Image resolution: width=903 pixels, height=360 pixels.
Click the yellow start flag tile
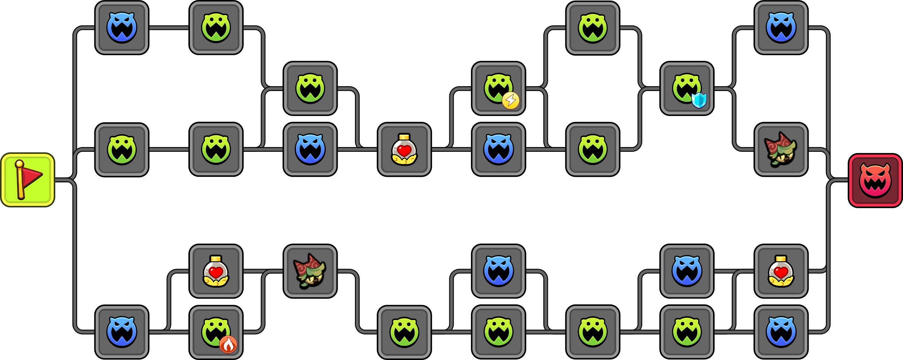[x=28, y=180]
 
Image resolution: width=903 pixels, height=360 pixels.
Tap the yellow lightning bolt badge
[x=510, y=100]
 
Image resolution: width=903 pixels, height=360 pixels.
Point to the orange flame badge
[x=228, y=344]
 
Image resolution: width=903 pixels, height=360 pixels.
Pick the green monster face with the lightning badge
[x=498, y=88]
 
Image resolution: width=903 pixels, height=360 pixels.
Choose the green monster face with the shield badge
[x=686, y=88]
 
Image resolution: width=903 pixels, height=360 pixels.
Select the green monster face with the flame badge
[x=215, y=331]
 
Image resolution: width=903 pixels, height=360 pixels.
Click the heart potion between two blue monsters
[x=404, y=150]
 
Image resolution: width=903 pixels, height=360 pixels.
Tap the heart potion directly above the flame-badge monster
[x=216, y=271]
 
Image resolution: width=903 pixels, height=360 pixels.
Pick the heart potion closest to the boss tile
[x=781, y=271]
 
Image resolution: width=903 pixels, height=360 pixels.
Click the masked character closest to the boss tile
[x=781, y=150]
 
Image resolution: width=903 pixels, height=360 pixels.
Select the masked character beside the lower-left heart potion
[x=310, y=271]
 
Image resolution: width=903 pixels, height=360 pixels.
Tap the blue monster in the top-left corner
[x=122, y=28]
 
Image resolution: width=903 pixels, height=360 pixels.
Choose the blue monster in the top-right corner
[x=781, y=28]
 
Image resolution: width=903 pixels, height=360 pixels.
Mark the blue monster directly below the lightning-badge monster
[x=499, y=150]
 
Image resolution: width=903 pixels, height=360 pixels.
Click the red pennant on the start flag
[x=32, y=175]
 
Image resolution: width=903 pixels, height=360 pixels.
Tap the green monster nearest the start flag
[x=122, y=150]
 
